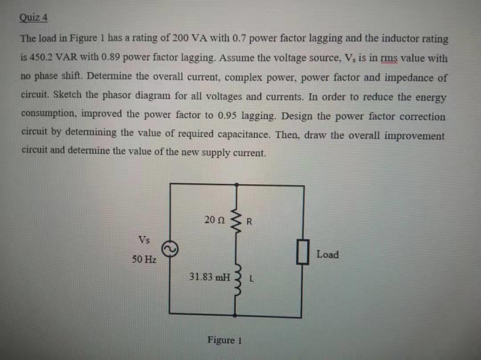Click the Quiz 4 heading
pos(34,18)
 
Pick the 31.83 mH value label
pos(209,277)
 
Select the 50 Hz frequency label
pos(144,259)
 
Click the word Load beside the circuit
pos(327,255)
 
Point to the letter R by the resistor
pos(249,221)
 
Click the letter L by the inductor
pos(251,280)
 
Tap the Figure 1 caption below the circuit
pos(224,340)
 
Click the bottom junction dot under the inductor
pos(236,315)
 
